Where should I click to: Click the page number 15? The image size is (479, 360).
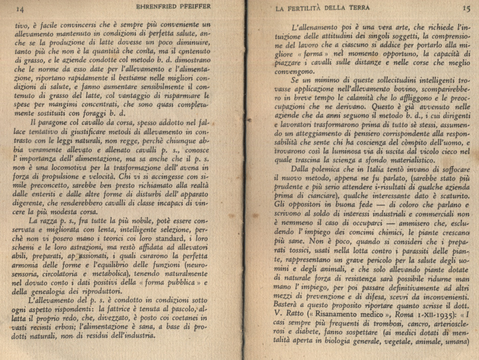466,8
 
